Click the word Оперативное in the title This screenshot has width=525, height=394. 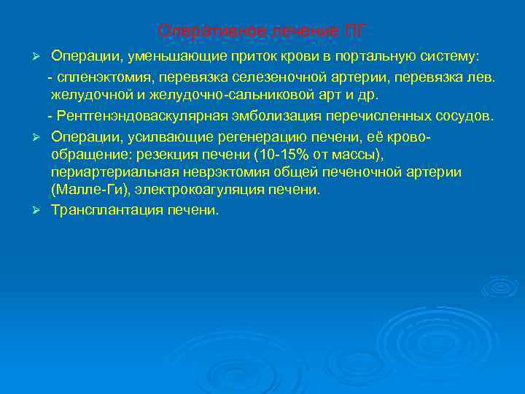coord(195,31)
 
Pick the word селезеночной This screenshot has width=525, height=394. coord(281,77)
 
